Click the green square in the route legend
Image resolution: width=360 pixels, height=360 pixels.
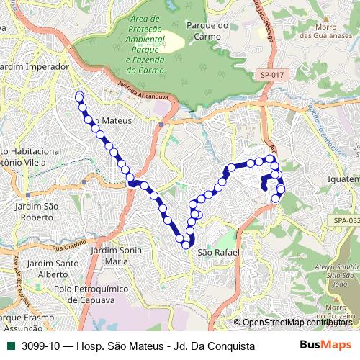pyautogui.click(x=8, y=346)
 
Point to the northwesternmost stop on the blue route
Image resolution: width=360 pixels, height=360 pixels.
pyautogui.click(x=78, y=96)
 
